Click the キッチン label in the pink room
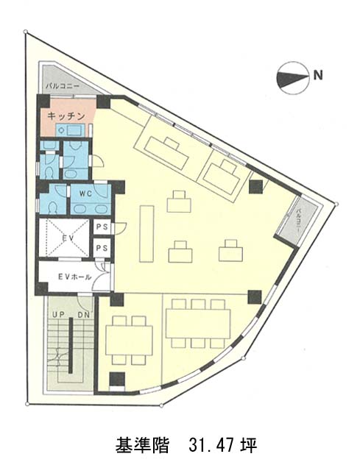tap(66, 116)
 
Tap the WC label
tap(85, 194)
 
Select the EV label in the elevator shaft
tap(68, 238)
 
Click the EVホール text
tap(74, 277)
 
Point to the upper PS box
tap(102, 227)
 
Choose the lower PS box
tap(102, 248)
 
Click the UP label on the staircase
tap(57, 315)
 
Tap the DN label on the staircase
tap(83, 315)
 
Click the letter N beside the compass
tap(318, 75)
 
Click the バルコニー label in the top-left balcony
tap(63, 86)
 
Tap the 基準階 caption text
tap(142, 445)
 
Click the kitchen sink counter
tap(70, 130)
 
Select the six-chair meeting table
tap(198, 324)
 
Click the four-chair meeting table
tap(129, 341)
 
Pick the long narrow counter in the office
tap(147, 233)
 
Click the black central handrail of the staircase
tap(71, 346)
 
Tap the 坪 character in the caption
tap(250, 445)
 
